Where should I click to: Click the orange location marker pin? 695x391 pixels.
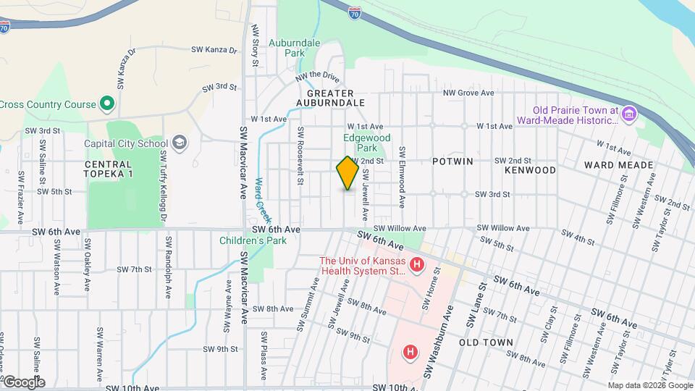pyautogui.click(x=347, y=173)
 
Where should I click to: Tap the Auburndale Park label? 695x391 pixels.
pyautogui.click(x=294, y=49)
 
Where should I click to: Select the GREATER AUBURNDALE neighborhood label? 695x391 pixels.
pyautogui.click(x=330, y=98)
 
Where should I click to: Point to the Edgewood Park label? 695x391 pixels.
pyautogui.click(x=366, y=143)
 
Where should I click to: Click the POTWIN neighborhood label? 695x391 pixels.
pyautogui.click(x=453, y=161)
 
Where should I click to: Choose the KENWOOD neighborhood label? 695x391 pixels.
pyautogui.click(x=531, y=170)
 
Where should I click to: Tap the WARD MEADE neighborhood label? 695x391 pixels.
pyautogui.click(x=618, y=165)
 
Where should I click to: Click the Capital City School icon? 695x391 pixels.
pyautogui.click(x=179, y=143)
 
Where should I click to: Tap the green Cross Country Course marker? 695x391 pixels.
pyautogui.click(x=107, y=104)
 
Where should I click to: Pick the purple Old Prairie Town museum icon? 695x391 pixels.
pyautogui.click(x=629, y=114)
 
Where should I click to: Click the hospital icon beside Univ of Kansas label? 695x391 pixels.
pyautogui.click(x=416, y=266)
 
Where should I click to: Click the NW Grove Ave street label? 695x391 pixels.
pyautogui.click(x=468, y=93)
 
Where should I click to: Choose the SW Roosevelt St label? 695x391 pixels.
pyautogui.click(x=299, y=155)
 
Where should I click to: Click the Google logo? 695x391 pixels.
pyautogui.click(x=23, y=382)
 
